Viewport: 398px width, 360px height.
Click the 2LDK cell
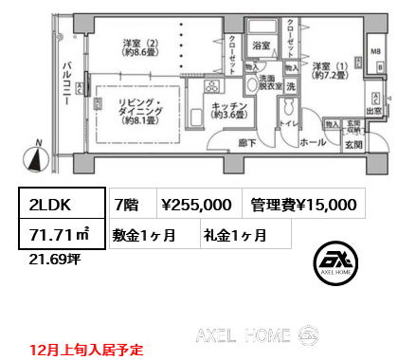(59, 203)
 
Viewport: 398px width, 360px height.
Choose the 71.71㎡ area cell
(59, 233)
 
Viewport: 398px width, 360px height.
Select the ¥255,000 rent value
(196, 203)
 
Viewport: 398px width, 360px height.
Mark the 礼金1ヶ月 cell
(233, 233)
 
